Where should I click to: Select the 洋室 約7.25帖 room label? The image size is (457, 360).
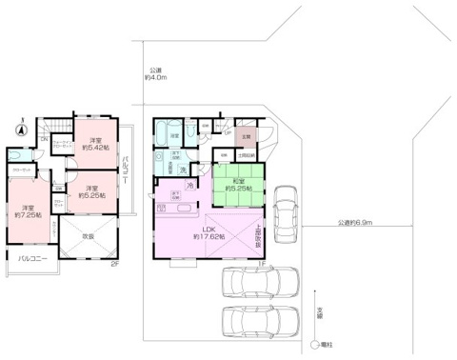(24, 212)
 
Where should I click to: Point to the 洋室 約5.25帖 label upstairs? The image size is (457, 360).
(92, 191)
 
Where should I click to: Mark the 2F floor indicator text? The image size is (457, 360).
(113, 264)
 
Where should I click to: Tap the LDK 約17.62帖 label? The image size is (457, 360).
(209, 232)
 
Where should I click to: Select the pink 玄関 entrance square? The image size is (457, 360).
(246, 137)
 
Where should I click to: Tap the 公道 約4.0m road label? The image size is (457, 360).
(158, 75)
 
